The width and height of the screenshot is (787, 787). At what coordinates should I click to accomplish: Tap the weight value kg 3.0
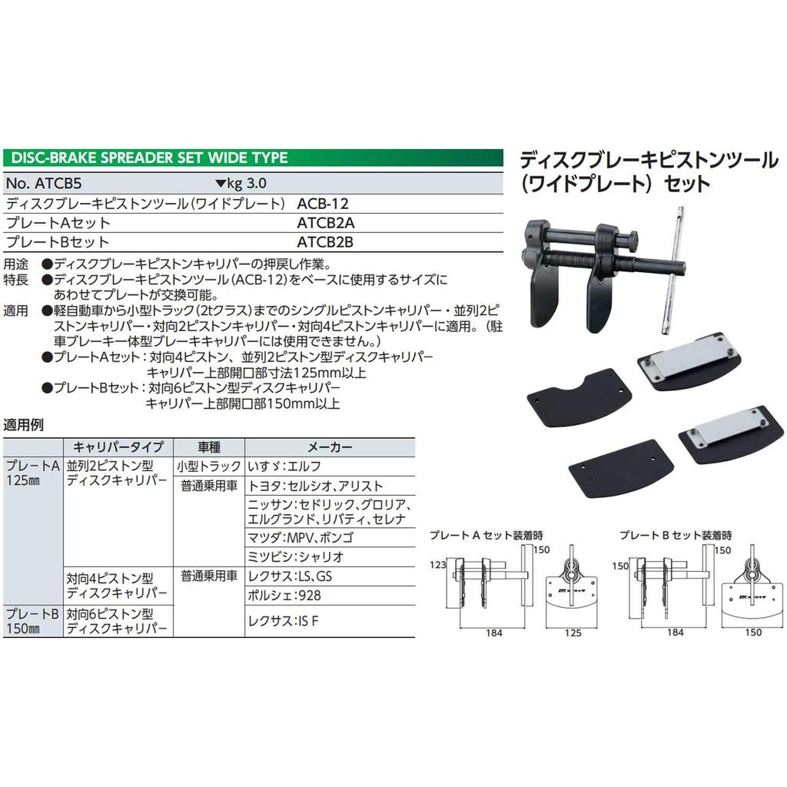click(x=242, y=184)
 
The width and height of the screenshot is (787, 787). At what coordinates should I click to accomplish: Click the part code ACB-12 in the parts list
click(x=317, y=204)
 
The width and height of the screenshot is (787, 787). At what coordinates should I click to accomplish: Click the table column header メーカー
click(x=330, y=447)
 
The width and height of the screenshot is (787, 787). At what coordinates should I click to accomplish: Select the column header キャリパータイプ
click(x=117, y=447)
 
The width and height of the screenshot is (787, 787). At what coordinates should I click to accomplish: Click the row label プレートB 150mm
click(x=32, y=621)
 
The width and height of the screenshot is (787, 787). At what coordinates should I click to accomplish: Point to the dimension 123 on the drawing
click(x=439, y=564)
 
